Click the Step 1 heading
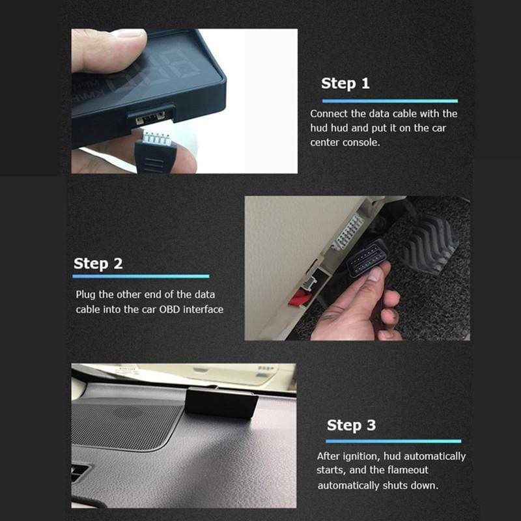tap(345, 83)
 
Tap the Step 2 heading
tap(98, 264)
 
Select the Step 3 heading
tap(351, 425)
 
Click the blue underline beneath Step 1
tap(389, 101)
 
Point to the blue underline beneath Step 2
tap(141, 276)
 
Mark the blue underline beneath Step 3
tap(393, 442)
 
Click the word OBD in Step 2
tap(169, 309)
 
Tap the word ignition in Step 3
tap(361, 457)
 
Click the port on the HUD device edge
tap(151, 117)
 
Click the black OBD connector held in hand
tap(367, 258)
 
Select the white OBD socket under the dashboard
tap(347, 232)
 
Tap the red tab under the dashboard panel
tap(300, 297)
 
